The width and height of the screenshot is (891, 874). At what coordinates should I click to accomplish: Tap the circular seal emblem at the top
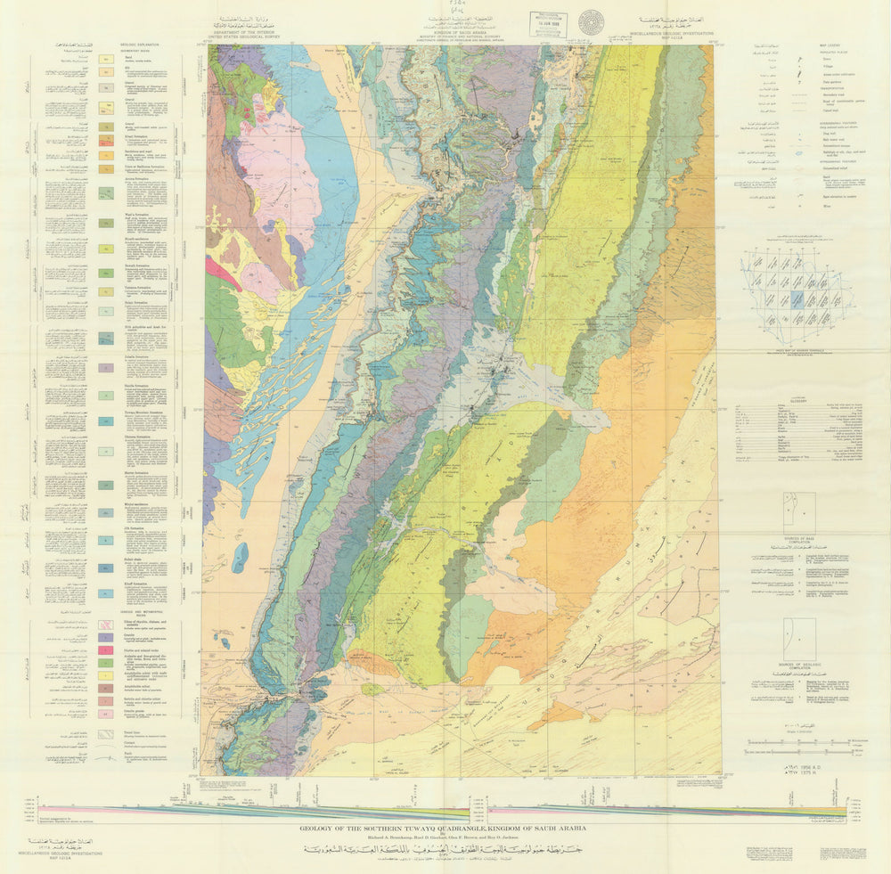(591, 22)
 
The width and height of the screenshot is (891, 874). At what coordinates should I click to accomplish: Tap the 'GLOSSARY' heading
(798, 400)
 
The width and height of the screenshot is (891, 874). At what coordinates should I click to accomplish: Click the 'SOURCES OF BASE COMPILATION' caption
(799, 540)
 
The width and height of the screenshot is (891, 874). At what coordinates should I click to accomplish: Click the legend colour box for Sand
(105, 59)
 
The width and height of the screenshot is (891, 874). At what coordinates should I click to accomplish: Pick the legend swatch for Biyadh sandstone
(105, 249)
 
